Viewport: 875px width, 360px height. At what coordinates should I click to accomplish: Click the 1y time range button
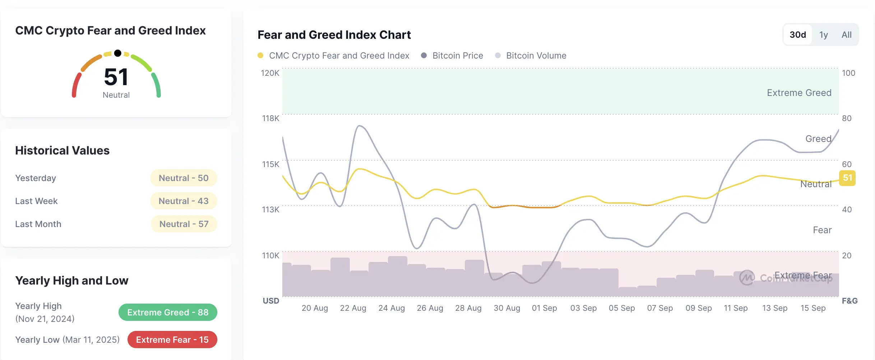pyautogui.click(x=823, y=35)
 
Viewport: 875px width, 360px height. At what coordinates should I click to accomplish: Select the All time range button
pyautogui.click(x=846, y=35)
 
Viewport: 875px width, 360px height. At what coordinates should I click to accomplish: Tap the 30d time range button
pyautogui.click(x=797, y=35)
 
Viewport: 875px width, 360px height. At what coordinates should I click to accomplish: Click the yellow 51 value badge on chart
pyautogui.click(x=847, y=178)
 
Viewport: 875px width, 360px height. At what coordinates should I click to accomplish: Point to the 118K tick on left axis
pyautogui.click(x=270, y=118)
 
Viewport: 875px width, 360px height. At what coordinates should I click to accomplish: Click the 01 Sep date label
pyautogui.click(x=544, y=308)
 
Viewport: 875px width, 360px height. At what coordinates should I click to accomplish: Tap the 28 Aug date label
pyautogui.click(x=468, y=308)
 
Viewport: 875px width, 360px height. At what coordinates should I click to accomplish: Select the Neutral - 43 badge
pyautogui.click(x=184, y=201)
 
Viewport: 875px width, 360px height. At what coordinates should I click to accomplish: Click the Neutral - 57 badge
pyautogui.click(x=184, y=224)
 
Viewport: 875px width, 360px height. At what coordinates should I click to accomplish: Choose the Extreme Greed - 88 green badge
pyautogui.click(x=168, y=312)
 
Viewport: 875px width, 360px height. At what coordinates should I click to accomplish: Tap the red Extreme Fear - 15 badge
pyautogui.click(x=172, y=340)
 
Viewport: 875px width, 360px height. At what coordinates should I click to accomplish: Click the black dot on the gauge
pyautogui.click(x=117, y=53)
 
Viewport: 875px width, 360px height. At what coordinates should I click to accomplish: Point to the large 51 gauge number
pyautogui.click(x=116, y=77)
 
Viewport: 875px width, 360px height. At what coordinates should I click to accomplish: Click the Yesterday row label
pyautogui.click(x=36, y=178)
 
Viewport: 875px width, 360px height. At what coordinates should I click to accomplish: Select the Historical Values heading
pyautogui.click(x=62, y=150)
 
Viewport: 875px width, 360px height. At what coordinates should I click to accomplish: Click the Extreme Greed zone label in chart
pyautogui.click(x=799, y=93)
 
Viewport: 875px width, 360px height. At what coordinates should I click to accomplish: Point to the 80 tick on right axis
pyautogui.click(x=846, y=118)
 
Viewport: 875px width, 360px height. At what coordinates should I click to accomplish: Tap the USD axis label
pyautogui.click(x=271, y=301)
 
